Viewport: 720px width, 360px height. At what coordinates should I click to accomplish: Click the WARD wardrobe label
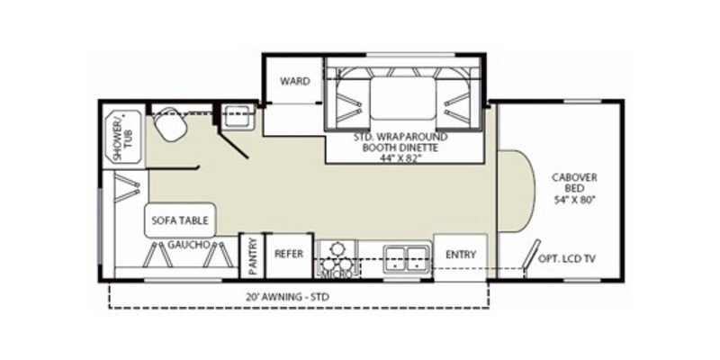295,81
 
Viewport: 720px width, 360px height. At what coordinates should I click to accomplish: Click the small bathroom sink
239,115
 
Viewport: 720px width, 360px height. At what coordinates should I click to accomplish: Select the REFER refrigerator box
288,255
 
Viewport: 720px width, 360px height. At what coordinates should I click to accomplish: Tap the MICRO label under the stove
335,269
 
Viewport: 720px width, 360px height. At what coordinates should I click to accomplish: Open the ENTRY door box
460,255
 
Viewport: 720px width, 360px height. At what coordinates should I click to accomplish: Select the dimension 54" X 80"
574,198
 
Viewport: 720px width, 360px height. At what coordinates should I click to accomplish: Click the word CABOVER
574,177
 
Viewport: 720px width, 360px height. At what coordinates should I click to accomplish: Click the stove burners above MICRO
338,249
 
